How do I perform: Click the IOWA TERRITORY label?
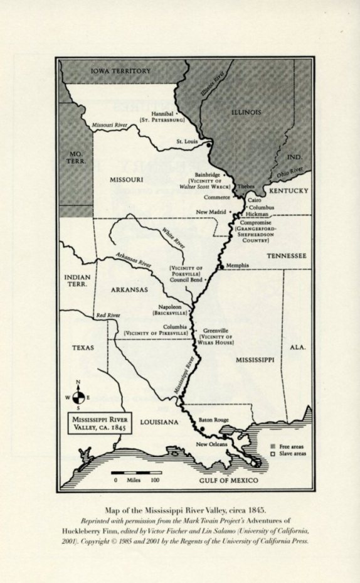point(120,71)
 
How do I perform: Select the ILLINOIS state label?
point(245,112)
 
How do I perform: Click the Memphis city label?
point(237,265)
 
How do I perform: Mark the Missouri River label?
point(110,126)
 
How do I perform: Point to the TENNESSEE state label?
point(286,256)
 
